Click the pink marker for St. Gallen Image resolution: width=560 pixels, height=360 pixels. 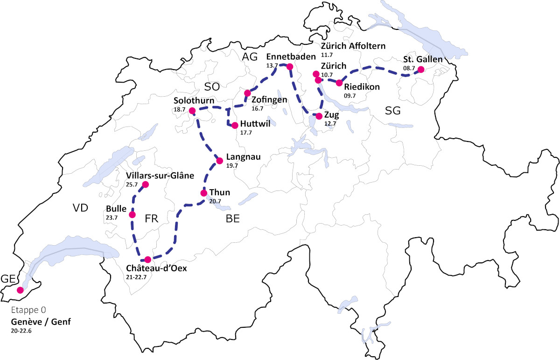point(420,70)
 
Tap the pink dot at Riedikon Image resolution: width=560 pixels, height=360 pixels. point(339,83)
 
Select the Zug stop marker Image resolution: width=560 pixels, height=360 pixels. point(319,116)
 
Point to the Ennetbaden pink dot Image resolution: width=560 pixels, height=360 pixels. point(289,67)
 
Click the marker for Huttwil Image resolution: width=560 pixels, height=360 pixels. point(235,125)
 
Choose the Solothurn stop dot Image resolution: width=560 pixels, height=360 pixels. point(192,110)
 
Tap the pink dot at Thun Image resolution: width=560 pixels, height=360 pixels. point(203,193)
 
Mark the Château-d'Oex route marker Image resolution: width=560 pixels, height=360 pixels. point(148,260)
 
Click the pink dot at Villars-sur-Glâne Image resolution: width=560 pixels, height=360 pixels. point(145,184)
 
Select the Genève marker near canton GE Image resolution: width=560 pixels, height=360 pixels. point(20,290)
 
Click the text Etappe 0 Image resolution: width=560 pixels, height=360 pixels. point(28,311)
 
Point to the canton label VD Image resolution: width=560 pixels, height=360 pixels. point(80,208)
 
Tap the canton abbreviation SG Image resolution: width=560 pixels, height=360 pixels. point(393,110)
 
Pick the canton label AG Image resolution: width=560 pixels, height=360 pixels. point(250,56)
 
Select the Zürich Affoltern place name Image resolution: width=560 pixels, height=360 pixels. point(353,46)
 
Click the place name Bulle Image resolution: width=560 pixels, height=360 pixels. point(117,208)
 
